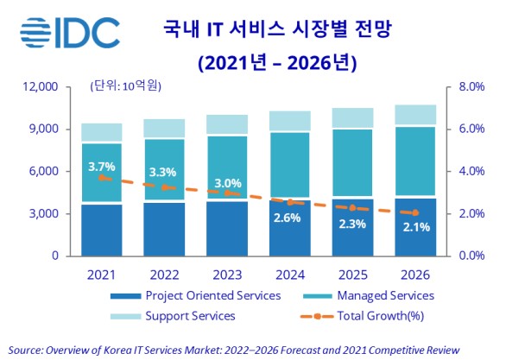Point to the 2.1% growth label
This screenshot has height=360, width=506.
415,227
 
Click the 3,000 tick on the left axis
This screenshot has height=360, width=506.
41,213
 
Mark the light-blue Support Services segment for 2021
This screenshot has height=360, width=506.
102,132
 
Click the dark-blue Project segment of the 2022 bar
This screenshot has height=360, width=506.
164,229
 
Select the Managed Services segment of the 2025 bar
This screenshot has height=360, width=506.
352,164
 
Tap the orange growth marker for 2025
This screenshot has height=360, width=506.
352,208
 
